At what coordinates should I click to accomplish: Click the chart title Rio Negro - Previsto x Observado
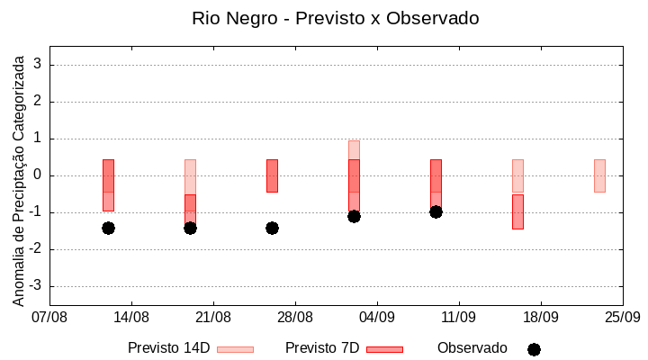click(x=335, y=18)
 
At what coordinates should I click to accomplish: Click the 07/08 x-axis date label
click(x=49, y=318)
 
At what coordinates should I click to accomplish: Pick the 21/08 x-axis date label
click(x=213, y=318)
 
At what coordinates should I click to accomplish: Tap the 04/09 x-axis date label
click(x=377, y=318)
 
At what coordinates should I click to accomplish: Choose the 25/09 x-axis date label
click(x=622, y=318)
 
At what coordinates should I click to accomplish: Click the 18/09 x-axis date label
click(x=540, y=318)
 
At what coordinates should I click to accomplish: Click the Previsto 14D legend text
click(x=168, y=348)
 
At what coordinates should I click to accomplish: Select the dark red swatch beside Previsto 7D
click(x=384, y=349)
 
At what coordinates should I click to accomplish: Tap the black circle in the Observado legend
click(x=534, y=349)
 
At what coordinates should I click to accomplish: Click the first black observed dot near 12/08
click(x=108, y=228)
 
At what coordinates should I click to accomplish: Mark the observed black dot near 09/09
click(x=436, y=211)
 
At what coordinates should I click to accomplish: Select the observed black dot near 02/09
click(x=354, y=216)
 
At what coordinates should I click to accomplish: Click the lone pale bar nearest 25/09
click(x=599, y=175)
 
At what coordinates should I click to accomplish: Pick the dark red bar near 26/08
click(x=272, y=175)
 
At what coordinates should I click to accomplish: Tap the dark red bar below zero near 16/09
click(x=517, y=211)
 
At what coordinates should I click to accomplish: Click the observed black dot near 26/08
click(x=272, y=228)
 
